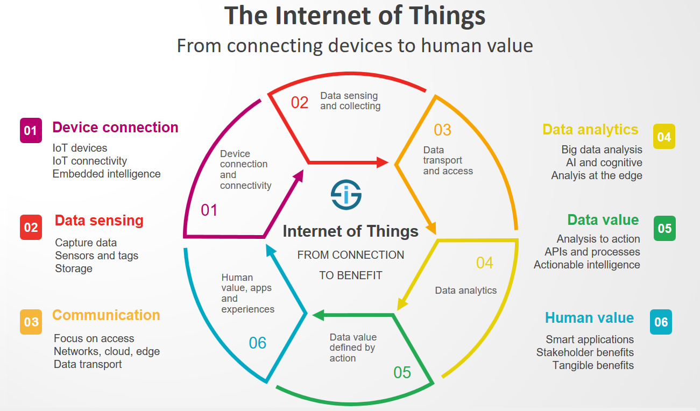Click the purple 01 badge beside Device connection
31,131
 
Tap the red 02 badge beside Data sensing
31,227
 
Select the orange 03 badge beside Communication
31,322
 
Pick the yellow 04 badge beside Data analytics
663,137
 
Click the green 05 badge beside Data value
664,228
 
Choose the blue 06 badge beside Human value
661,322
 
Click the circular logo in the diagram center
346,195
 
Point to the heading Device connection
115,127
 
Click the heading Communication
106,315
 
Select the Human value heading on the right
589,318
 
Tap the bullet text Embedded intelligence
107,174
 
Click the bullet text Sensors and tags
96,256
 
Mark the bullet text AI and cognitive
604,162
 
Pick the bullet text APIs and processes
592,252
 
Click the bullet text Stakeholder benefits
585,352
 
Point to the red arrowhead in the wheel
382,162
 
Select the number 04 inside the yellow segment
484,263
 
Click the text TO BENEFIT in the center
350,275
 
